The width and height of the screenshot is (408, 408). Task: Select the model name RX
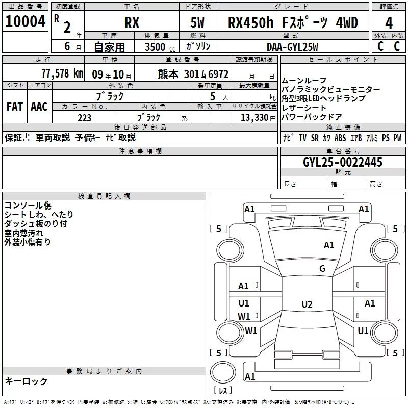point(132,23)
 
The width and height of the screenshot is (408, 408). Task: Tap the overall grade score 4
point(389,23)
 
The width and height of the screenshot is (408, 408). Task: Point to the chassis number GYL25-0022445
point(342,162)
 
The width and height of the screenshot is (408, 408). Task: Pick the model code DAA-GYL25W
point(292,47)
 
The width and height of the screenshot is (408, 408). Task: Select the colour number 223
point(84,117)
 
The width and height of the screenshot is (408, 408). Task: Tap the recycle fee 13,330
point(253,117)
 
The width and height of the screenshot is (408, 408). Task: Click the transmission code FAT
point(14,107)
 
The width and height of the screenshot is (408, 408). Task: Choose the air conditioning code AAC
point(39,107)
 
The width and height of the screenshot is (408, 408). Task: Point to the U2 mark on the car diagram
point(307,304)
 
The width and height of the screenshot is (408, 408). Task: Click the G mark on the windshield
point(322,269)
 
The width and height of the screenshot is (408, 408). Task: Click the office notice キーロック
point(26,381)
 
